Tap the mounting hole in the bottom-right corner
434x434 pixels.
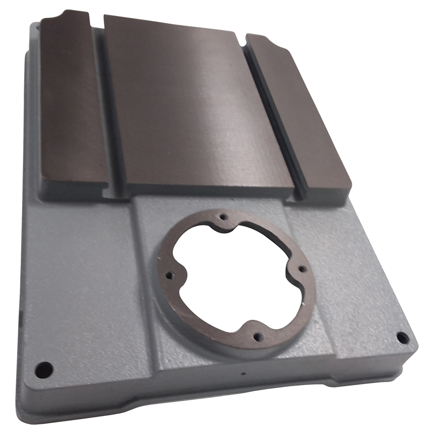[402, 337]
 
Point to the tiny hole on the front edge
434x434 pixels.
[243, 373]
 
